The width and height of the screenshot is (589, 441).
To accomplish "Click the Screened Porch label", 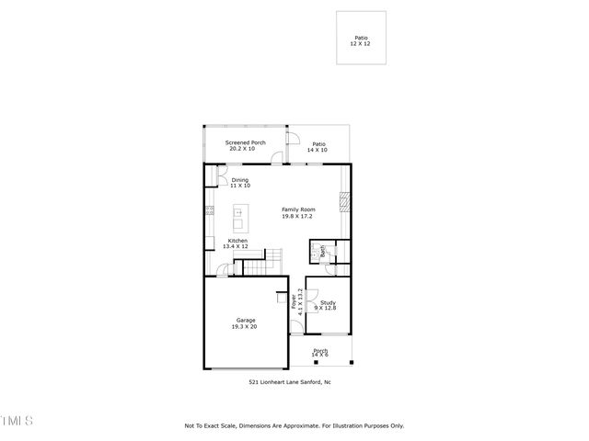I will [x=246, y=146].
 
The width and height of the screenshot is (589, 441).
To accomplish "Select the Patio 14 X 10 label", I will [x=318, y=147].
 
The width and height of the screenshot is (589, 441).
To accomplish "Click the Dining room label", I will [x=239, y=183].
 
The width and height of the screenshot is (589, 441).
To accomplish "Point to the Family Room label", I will [x=297, y=212].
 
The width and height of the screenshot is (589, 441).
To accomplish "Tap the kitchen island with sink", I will [x=238, y=218].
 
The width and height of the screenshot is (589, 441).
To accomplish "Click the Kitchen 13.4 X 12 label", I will [x=237, y=243].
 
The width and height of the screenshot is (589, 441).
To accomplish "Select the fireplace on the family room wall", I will [x=345, y=202].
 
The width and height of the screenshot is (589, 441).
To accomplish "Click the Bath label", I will [x=323, y=251].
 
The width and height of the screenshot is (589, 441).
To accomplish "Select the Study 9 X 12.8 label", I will [x=328, y=305].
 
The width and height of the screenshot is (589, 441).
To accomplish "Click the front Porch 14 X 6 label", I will [x=320, y=353].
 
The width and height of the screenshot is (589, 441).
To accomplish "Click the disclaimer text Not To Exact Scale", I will [x=294, y=426].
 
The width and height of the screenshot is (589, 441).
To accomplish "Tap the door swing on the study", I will [x=312, y=299].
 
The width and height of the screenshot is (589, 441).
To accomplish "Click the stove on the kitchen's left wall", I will [x=210, y=211].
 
